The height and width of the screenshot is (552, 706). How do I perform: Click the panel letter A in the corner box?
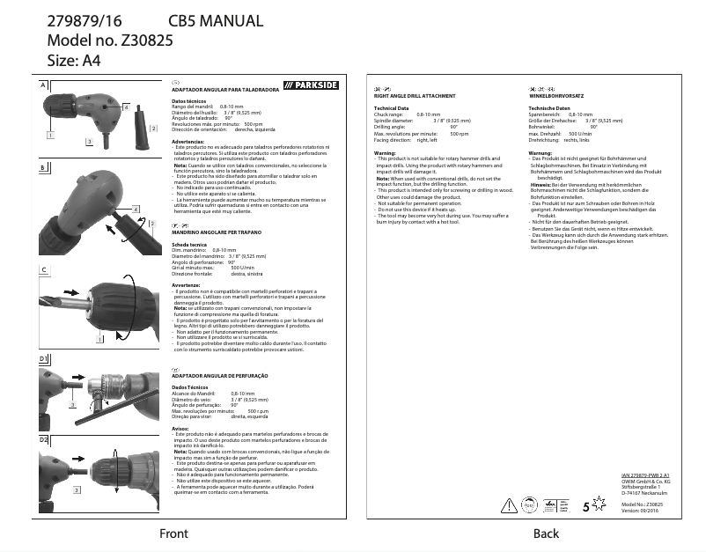point(42,85)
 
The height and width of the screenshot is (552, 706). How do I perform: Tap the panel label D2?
point(43,438)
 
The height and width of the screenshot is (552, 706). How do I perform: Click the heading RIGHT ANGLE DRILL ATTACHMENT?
point(415,95)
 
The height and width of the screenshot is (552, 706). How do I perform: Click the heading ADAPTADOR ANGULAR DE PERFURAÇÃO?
point(220,374)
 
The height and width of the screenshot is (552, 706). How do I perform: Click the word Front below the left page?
point(173,534)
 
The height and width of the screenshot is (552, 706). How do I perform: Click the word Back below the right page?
point(546,534)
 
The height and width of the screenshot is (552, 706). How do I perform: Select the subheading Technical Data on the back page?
point(391,107)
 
